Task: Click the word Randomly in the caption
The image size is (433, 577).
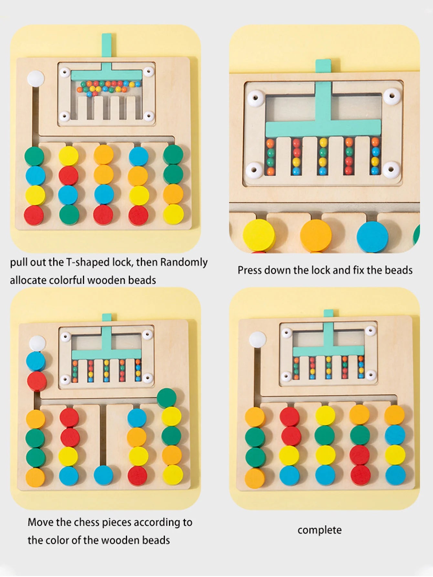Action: click(x=184, y=262)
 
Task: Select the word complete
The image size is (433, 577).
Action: click(x=319, y=530)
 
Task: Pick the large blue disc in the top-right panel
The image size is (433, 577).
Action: click(x=372, y=237)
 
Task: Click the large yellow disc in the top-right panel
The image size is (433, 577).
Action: click(x=259, y=235)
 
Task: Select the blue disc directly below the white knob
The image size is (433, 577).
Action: click(x=36, y=361)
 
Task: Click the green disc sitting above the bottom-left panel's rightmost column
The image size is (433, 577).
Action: click(x=167, y=397)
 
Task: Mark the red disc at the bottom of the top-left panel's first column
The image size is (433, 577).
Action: click(x=34, y=215)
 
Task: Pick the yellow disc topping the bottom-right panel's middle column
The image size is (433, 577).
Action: click(x=325, y=415)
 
